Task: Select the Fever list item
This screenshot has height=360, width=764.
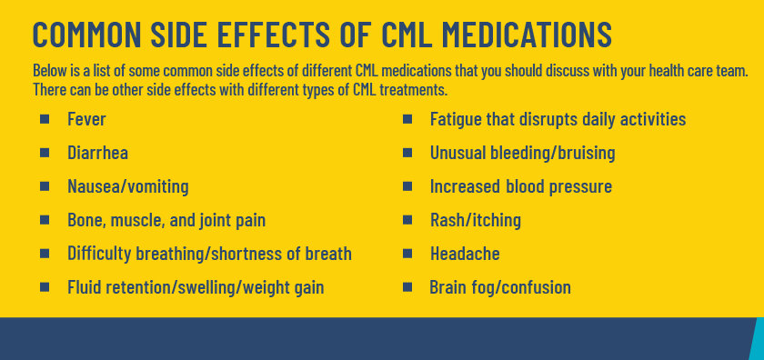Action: point(87,119)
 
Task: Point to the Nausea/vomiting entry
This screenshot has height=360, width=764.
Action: point(127,186)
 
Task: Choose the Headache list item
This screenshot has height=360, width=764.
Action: point(465,254)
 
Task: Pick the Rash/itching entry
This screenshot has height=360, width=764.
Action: point(475,220)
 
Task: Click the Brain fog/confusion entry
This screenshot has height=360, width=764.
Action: point(500,287)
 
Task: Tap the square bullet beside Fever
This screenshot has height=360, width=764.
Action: point(45,119)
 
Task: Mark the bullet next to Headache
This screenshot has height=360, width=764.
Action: point(407,254)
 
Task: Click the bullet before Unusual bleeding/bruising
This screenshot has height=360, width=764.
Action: point(407,153)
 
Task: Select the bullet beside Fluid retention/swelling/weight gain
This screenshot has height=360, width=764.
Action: point(45,287)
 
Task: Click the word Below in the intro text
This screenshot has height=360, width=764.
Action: point(48,71)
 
